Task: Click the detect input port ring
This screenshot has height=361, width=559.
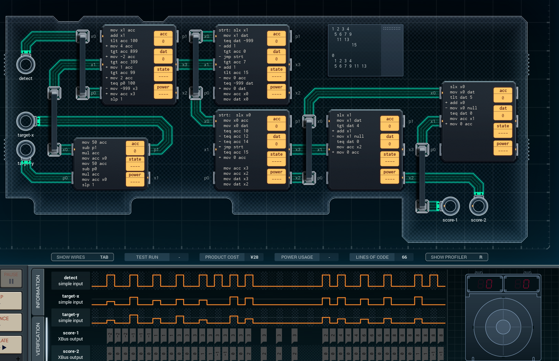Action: click(26, 64)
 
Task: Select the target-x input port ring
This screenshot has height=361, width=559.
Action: click(26, 121)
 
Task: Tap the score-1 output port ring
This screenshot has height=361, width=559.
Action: click(450, 206)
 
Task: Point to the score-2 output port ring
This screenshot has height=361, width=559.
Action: click(478, 206)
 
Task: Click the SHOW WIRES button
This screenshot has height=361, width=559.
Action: click(82, 257)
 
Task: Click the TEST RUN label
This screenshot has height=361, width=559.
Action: click(147, 257)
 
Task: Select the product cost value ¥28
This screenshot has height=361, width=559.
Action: click(254, 257)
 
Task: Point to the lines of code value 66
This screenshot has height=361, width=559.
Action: click(404, 257)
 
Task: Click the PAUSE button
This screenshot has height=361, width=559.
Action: click(11, 278)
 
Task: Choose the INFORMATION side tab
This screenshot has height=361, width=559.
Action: click(38, 292)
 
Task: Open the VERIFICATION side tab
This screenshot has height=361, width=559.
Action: click(38, 339)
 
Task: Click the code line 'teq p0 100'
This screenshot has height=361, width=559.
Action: click(122, 83)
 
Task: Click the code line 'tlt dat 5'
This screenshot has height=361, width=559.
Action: click(461, 97)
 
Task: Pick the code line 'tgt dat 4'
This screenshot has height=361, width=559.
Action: click(348, 126)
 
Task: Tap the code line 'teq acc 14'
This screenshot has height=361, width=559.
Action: click(236, 142)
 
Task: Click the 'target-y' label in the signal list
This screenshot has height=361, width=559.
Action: click(71, 315)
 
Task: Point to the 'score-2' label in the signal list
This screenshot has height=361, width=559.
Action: click(71, 351)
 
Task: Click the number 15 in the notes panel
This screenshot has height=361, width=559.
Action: click(354, 45)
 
